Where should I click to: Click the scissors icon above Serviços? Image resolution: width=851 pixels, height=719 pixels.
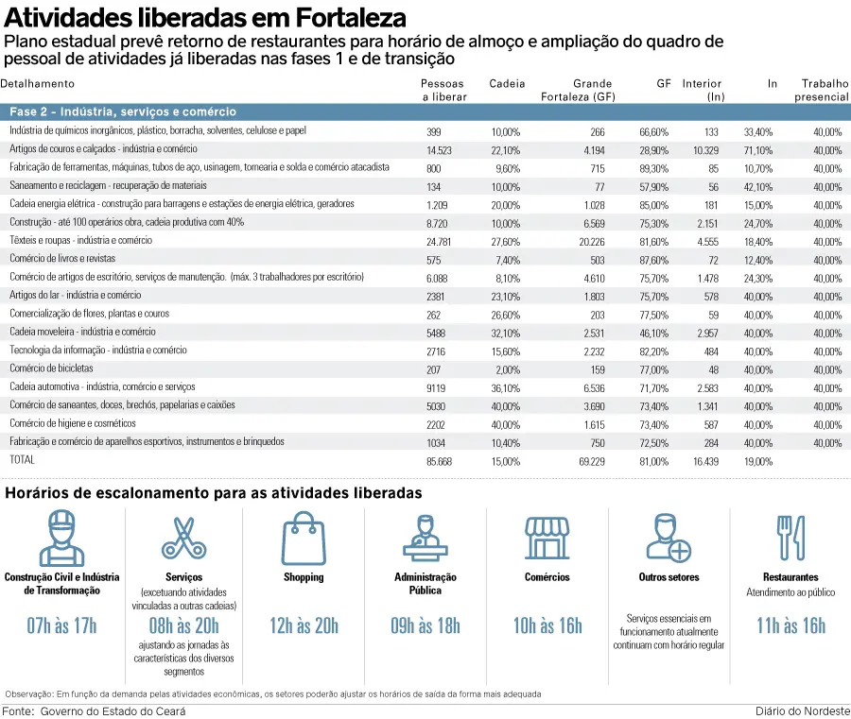pyautogui.click(x=182, y=538)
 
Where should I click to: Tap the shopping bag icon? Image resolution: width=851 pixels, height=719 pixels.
pyautogui.click(x=304, y=538)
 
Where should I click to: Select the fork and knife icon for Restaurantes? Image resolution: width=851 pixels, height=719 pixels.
pyautogui.click(x=790, y=538)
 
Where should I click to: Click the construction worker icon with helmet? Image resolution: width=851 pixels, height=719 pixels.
pyautogui.click(x=62, y=538)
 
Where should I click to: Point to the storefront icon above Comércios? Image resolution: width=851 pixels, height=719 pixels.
pyautogui.click(x=547, y=538)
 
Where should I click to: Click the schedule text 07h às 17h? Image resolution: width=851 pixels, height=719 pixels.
pyautogui.click(x=62, y=625)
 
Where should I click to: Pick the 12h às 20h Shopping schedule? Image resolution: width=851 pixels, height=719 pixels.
pyautogui.click(x=304, y=625)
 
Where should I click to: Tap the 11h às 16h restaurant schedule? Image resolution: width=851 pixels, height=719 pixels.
pyautogui.click(x=790, y=625)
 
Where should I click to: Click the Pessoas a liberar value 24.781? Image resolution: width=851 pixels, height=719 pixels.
pyautogui.click(x=440, y=241)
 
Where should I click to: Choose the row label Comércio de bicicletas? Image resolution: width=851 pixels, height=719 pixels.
pyautogui.click(x=51, y=368)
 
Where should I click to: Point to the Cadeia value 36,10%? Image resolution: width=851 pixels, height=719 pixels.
pyautogui.click(x=505, y=387)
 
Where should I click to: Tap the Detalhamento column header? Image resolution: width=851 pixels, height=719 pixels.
pyautogui.click(x=37, y=84)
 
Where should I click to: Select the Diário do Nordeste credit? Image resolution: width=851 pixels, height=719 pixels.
pyautogui.click(x=802, y=710)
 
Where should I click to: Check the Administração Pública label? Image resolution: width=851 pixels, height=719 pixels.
pyautogui.click(x=425, y=583)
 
